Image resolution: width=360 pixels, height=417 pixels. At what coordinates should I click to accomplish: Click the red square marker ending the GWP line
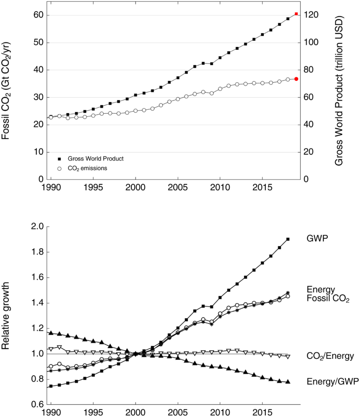[296, 14]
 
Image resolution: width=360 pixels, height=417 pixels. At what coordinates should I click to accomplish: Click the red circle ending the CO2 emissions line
[296, 79]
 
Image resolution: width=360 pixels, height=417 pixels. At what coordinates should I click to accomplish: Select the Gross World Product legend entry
[95, 159]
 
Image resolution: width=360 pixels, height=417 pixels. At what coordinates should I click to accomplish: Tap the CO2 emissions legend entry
[87, 168]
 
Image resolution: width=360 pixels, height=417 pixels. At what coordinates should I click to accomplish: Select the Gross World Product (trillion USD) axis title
[339, 90]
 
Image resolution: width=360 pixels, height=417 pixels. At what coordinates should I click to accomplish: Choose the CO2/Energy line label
[330, 356]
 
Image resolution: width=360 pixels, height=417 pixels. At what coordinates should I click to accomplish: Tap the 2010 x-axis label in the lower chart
[220, 412]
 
